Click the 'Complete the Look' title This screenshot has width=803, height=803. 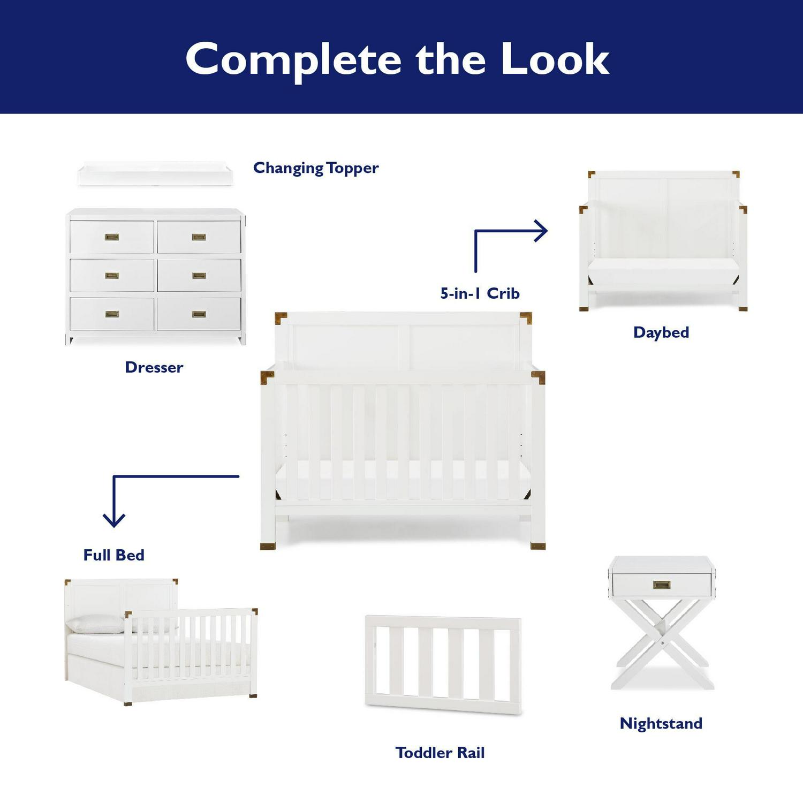tap(397, 59)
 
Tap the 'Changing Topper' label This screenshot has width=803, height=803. tap(316, 168)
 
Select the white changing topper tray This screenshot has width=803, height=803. tap(156, 174)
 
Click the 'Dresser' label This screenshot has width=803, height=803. tap(154, 367)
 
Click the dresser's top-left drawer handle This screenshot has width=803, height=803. tap(112, 237)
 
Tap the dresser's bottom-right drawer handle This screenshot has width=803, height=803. tap(199, 314)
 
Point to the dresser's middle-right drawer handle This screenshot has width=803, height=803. tap(199, 276)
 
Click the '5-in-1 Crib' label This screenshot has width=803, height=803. tap(480, 293)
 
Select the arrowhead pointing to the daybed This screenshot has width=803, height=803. tap(541, 231)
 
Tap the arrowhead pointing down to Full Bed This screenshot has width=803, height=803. tap(114, 520)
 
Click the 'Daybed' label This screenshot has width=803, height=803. tap(661, 332)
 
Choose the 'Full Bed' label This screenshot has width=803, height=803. tap(114, 555)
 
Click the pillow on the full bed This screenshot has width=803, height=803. tap(96, 624)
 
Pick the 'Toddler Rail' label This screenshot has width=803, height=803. tap(440, 753)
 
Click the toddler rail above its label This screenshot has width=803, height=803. tap(443, 665)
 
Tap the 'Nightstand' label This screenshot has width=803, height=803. tap(661, 723)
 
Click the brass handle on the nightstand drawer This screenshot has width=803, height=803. tap(662, 585)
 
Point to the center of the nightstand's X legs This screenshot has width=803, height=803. tap(663, 642)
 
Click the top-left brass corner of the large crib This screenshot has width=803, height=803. tap(281, 317)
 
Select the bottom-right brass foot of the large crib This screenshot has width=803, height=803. tap(538, 546)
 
